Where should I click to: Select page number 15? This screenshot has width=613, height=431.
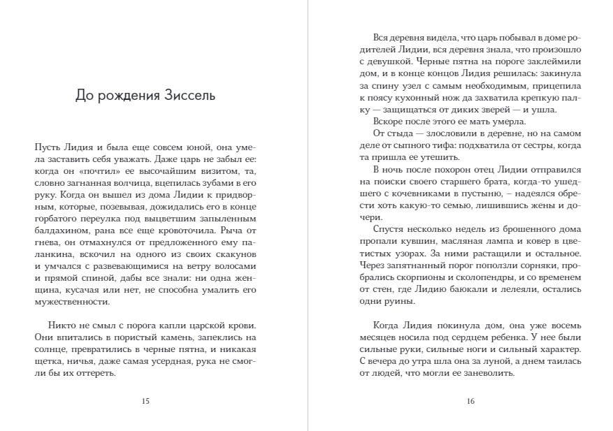click(145, 401)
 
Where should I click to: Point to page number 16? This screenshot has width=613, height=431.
click(470, 401)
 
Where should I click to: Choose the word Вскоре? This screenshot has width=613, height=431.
click(389, 122)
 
